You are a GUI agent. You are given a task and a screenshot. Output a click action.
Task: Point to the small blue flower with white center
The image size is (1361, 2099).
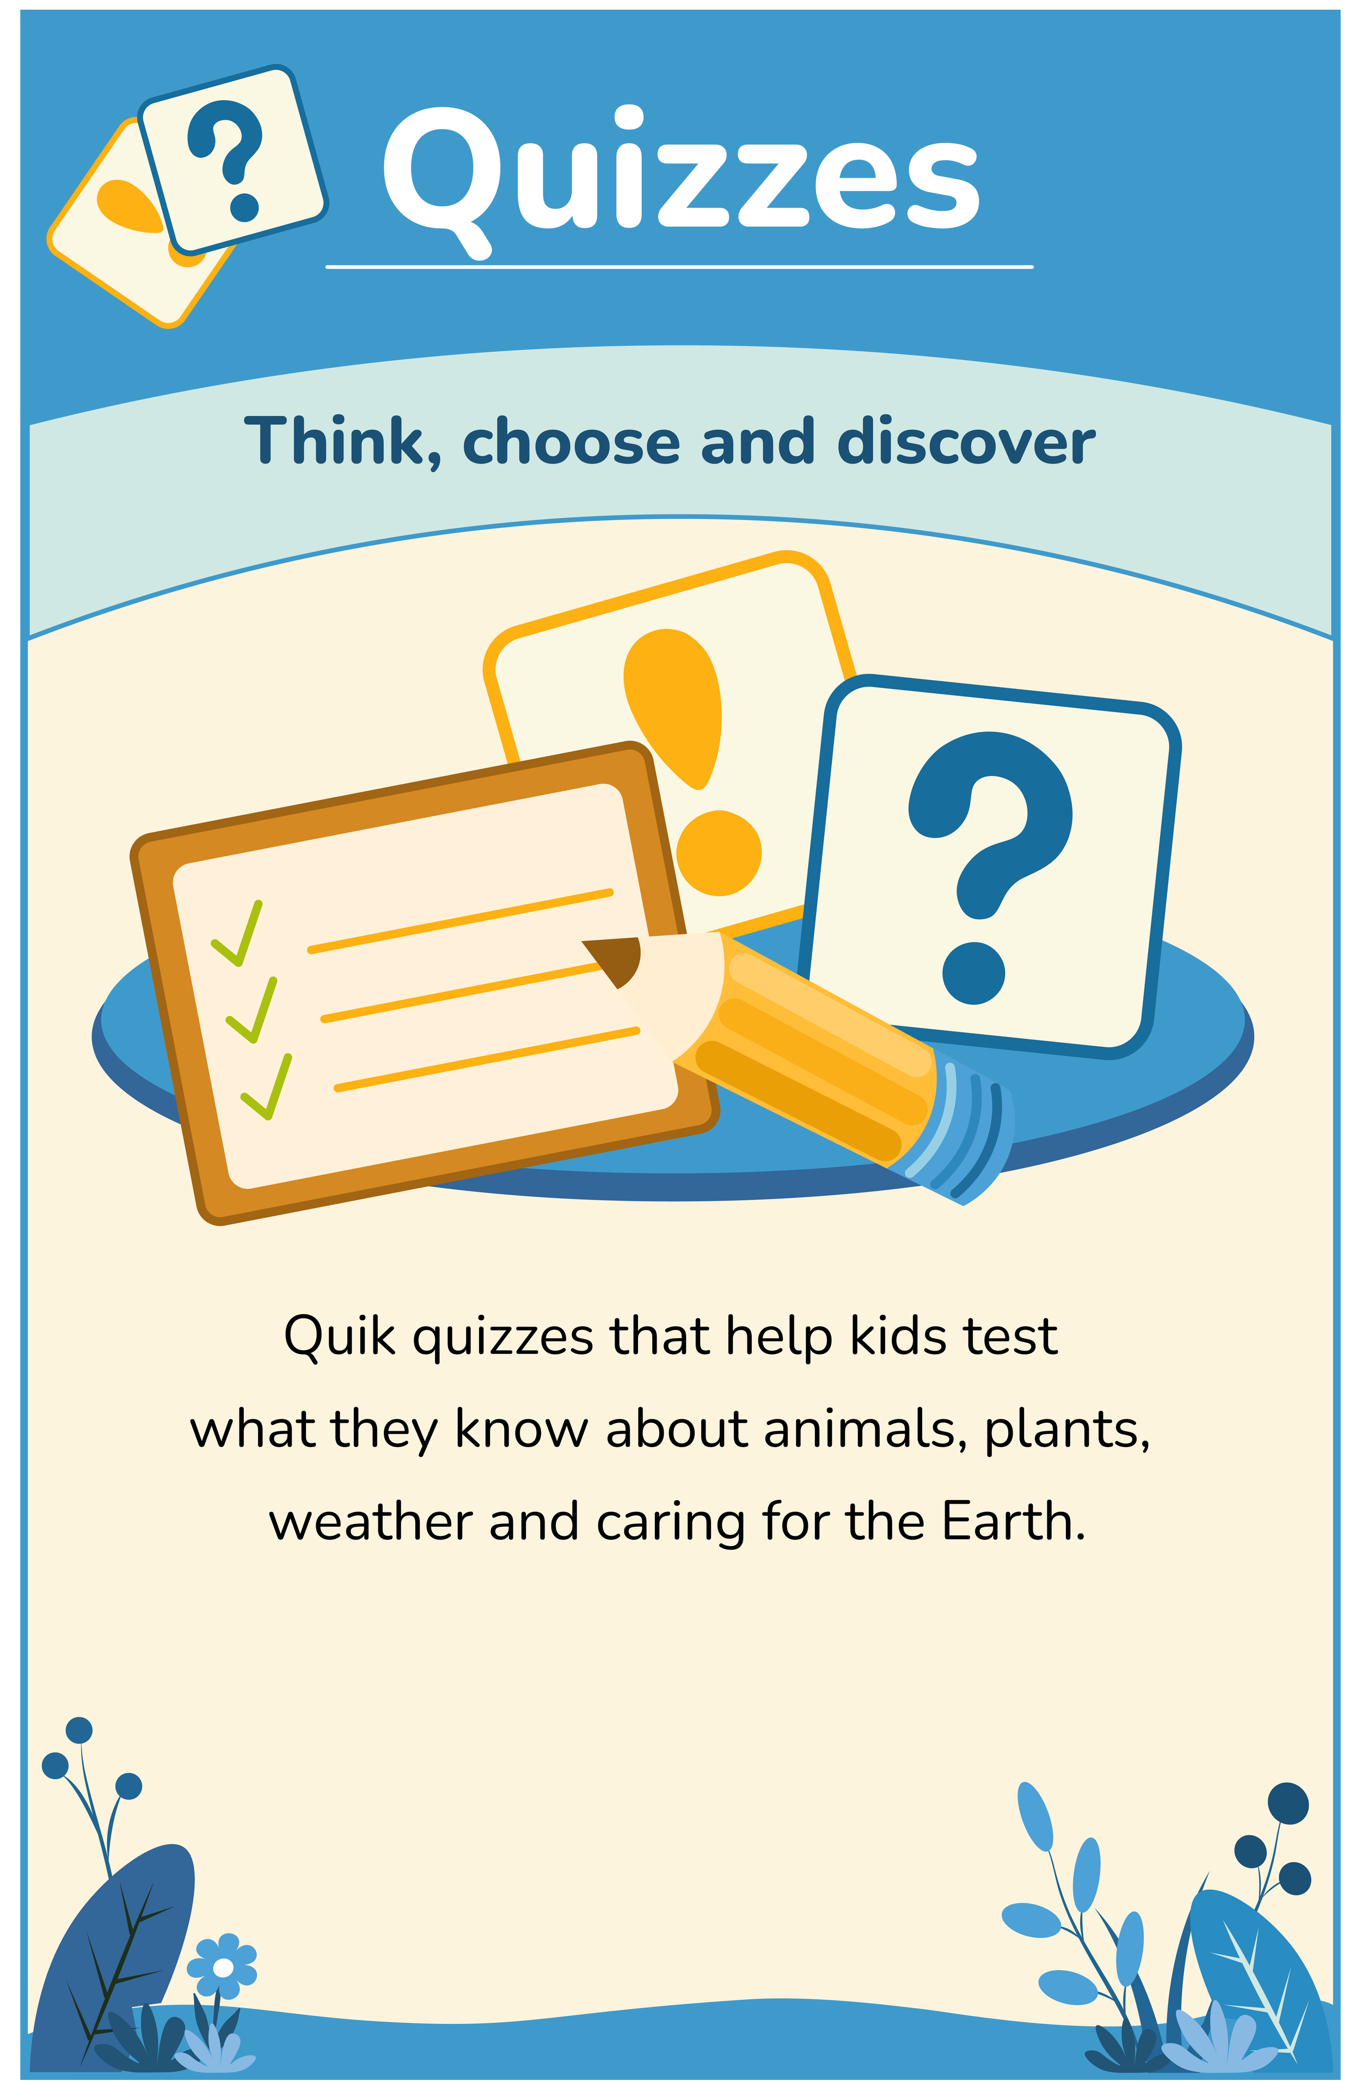(x=223, y=1968)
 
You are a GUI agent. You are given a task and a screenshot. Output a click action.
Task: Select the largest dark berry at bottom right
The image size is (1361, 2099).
(x=1288, y=1804)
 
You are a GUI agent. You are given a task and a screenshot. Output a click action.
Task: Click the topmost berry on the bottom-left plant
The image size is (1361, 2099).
(x=79, y=1730)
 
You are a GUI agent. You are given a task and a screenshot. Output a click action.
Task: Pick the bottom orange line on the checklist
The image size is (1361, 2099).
(x=487, y=1058)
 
